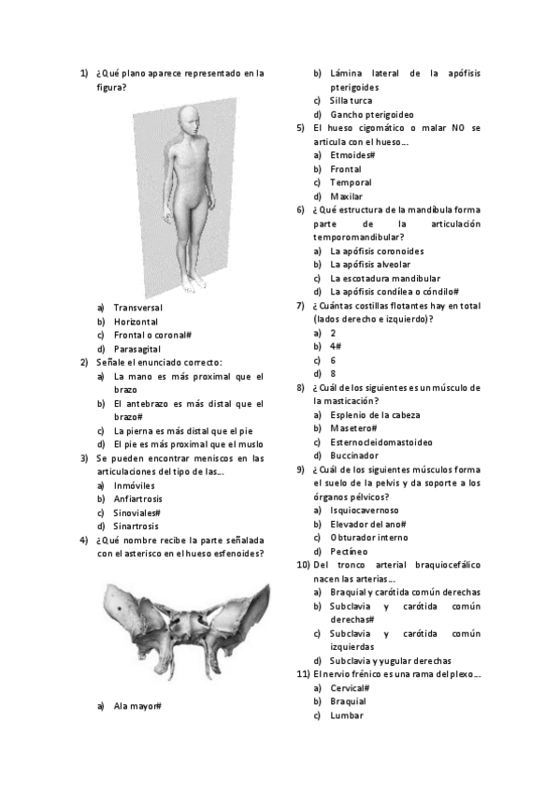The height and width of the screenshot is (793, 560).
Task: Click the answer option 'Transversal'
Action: [137, 307]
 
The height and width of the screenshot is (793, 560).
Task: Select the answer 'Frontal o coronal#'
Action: [152, 334]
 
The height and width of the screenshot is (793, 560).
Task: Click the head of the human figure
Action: [188, 118]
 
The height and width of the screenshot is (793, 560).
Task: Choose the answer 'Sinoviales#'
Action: [136, 512]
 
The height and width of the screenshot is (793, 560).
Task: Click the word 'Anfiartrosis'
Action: [139, 499]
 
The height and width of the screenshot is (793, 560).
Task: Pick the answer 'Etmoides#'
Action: [352, 154]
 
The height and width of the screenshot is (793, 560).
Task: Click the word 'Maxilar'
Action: [347, 196]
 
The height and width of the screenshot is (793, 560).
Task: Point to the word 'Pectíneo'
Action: [348, 552]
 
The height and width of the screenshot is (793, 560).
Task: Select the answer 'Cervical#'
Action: [351, 687]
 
